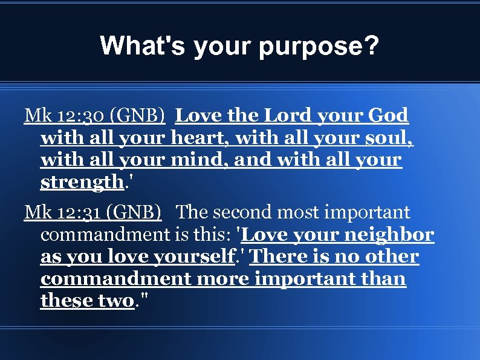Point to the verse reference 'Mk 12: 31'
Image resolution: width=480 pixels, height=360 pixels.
pyautogui.click(x=62, y=212)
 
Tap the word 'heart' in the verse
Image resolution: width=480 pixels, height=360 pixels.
pyautogui.click(x=199, y=137)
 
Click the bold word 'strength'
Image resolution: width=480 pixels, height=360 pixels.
pyautogui.click(x=82, y=182)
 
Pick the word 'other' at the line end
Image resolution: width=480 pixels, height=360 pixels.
pyautogui.click(x=392, y=257)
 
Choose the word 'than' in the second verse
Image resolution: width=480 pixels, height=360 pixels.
pyautogui.click(x=384, y=280)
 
